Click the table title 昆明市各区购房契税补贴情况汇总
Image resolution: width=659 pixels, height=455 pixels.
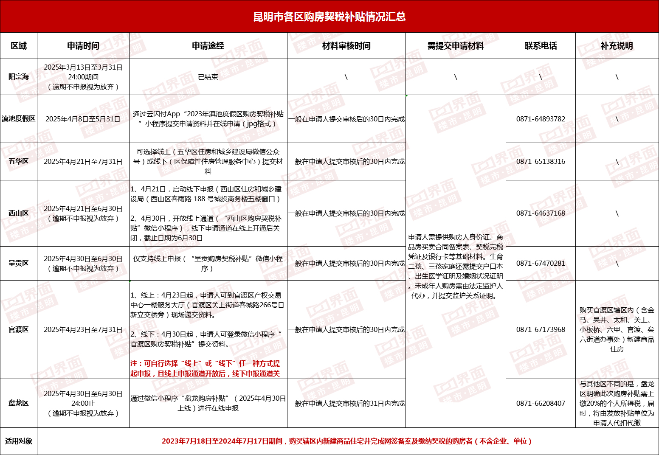[329, 17]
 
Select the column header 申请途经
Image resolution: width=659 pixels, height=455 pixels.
[208, 46]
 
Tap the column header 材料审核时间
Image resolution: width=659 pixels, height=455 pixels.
[346, 46]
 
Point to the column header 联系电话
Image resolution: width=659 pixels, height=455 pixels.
[541, 46]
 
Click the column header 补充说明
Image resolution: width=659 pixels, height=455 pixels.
[617, 46]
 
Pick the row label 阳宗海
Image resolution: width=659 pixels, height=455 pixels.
[19, 77]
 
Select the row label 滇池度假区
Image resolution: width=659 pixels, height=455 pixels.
[19, 119]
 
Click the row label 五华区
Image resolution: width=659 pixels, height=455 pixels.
[19, 161]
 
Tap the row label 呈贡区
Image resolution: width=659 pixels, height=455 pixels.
[19, 263]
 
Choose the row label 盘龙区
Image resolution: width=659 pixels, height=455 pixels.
[19, 403]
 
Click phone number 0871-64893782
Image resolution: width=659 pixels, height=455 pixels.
[541, 119]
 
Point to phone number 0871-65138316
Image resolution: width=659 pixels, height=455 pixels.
[541, 161]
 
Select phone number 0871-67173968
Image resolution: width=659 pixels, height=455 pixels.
[541, 329]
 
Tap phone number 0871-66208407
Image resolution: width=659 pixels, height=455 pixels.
[541, 403]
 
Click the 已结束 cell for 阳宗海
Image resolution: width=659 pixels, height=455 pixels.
[208, 77]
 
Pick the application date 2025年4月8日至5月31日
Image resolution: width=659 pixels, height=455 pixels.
[83, 119]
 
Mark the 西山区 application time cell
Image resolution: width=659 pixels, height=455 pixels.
[83, 213]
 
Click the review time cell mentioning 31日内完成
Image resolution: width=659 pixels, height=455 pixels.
[346, 403]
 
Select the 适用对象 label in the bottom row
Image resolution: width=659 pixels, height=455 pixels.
[19, 441]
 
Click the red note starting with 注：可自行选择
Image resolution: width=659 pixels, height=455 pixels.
[205, 368]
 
